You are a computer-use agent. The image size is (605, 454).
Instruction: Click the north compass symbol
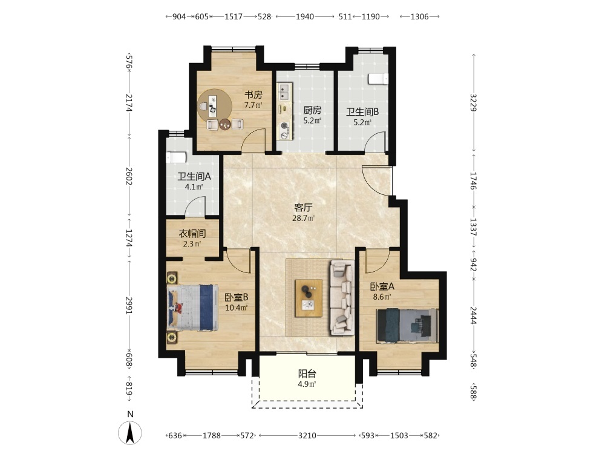pyautogui.click(x=130, y=432)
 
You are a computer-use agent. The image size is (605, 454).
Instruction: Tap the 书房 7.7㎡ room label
pyautogui.click(x=253, y=100)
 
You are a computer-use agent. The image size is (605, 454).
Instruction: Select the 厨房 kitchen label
pyautogui.click(x=312, y=110)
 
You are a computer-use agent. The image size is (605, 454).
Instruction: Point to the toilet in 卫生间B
pyautogui.click(x=378, y=78)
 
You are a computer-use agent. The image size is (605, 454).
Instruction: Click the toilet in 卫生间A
pyautogui.click(x=176, y=157)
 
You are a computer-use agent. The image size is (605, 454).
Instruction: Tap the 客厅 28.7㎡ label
pyautogui.click(x=303, y=212)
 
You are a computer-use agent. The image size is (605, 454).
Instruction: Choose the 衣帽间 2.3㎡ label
pyautogui.click(x=192, y=239)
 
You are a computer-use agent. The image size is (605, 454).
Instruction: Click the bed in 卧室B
pyautogui.click(x=192, y=308)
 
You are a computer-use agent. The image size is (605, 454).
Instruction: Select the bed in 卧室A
pyautogui.click(x=407, y=325)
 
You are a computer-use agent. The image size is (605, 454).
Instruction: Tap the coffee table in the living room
pyautogui.click(x=309, y=298)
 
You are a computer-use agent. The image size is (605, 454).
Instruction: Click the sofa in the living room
pyautogui.click(x=341, y=297)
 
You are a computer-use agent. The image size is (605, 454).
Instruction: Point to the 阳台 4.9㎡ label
pyautogui.click(x=307, y=379)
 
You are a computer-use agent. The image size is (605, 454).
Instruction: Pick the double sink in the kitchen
pyautogui.click(x=284, y=91)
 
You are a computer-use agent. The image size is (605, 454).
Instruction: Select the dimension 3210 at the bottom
pyautogui.click(x=307, y=435)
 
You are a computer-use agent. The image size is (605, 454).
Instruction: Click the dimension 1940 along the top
pyautogui.click(x=305, y=16)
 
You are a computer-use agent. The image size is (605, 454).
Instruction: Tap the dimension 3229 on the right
pyautogui.click(x=474, y=102)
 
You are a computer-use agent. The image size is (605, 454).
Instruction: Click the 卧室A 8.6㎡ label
pyautogui.click(x=382, y=292)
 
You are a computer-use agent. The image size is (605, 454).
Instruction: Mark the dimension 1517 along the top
pyautogui.click(x=234, y=16)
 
